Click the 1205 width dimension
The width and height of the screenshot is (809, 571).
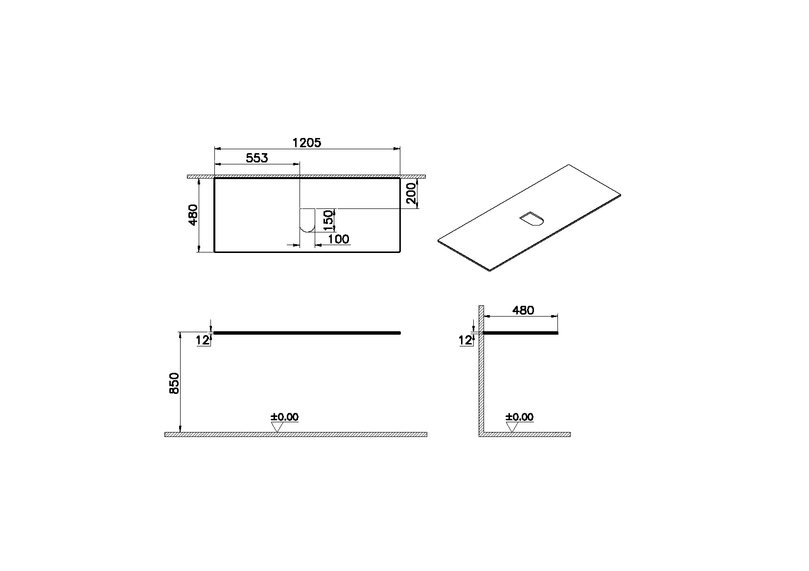click(x=306, y=142)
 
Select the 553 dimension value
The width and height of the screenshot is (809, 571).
click(x=257, y=158)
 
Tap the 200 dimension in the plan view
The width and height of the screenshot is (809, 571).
click(x=411, y=193)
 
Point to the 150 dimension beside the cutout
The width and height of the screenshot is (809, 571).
click(x=329, y=220)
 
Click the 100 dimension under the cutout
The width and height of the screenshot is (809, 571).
click(x=338, y=239)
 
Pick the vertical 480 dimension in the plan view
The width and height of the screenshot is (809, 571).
click(x=193, y=214)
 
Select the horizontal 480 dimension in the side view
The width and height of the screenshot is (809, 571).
click(x=523, y=310)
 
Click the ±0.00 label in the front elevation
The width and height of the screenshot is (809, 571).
click(x=285, y=417)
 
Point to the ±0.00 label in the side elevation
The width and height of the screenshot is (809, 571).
click(x=520, y=417)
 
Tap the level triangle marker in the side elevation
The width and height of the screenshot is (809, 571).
click(x=512, y=427)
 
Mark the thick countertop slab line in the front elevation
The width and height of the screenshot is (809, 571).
click(x=307, y=333)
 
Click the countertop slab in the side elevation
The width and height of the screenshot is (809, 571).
click(x=521, y=333)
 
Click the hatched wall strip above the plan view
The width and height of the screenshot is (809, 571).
click(x=306, y=176)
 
